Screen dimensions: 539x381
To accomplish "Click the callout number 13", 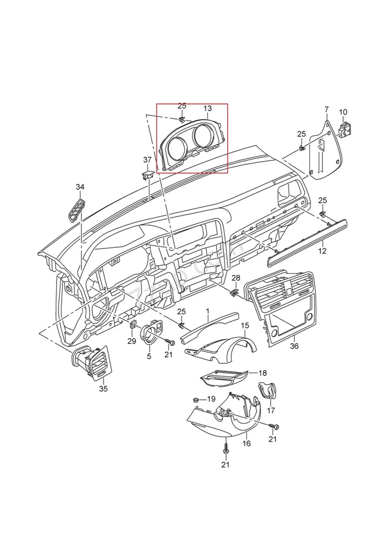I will pyautogui.click(x=207, y=109).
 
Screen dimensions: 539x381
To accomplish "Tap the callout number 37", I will pyautogui.click(x=147, y=160).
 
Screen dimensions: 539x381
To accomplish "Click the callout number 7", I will pyautogui.click(x=327, y=109).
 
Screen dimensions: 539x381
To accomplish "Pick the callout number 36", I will pyautogui.click(x=294, y=346).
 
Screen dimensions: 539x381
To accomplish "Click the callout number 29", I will pyautogui.click(x=131, y=341).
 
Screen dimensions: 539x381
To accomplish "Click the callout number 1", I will pyautogui.click(x=208, y=311).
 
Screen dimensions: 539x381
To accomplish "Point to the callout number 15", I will pyautogui.click(x=244, y=325).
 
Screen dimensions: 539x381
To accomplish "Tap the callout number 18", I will pyautogui.click(x=262, y=373).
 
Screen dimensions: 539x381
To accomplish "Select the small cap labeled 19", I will pyautogui.click(x=196, y=399).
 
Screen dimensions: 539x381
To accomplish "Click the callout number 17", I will pyautogui.click(x=271, y=410).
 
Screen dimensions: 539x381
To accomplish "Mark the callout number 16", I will pyautogui.click(x=247, y=443).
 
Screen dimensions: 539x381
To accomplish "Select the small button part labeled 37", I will pyautogui.click(x=148, y=174).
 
